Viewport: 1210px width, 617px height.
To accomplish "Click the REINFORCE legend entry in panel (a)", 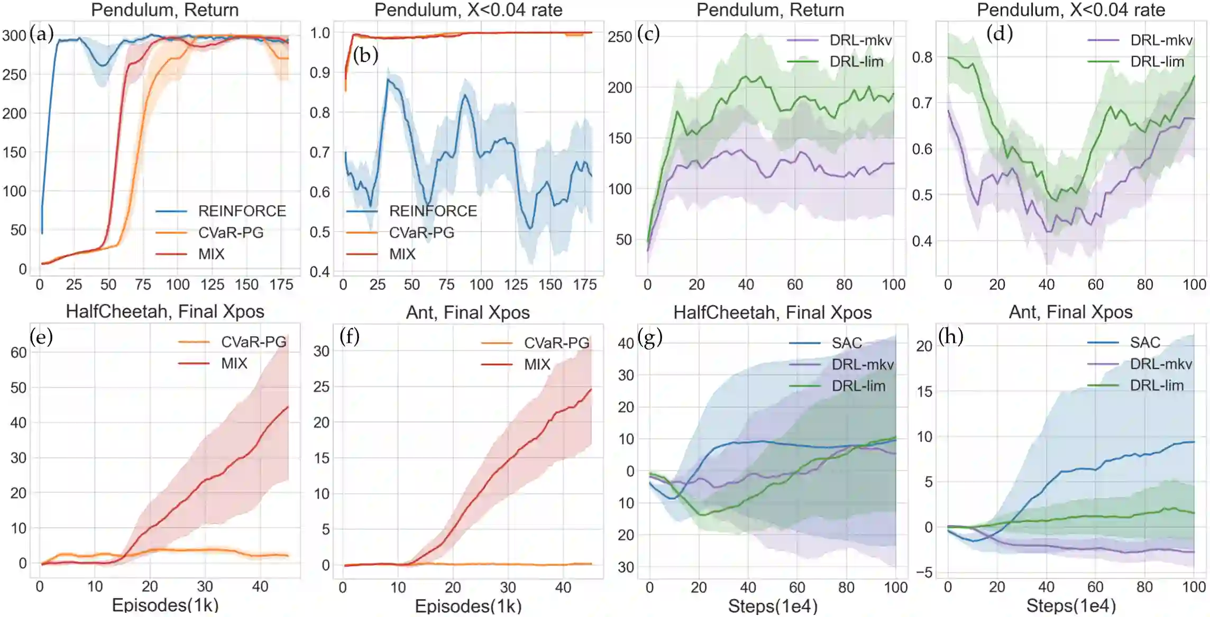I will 242,211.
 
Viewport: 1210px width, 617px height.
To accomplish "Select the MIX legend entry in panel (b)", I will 402,254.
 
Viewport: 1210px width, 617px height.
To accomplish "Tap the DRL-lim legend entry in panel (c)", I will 856,62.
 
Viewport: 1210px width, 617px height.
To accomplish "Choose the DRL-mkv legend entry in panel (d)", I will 1161,40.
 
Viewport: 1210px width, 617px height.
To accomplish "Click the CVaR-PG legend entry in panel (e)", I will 253,342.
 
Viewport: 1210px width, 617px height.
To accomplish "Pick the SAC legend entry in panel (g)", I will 846,343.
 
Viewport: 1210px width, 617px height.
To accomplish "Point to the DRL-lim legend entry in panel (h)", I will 1157,385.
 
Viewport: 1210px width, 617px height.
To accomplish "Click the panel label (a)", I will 42,34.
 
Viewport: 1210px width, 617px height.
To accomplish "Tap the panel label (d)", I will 1000,34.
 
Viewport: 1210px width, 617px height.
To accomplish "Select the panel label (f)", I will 350,336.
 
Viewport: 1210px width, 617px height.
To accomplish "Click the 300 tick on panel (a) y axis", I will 14,35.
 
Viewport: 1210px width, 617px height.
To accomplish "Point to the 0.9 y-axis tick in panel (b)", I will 320,73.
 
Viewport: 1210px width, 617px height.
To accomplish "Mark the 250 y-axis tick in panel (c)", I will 620,36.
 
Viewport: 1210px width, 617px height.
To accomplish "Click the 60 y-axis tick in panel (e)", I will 19,353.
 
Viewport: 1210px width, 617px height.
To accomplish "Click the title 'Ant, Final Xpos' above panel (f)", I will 467,312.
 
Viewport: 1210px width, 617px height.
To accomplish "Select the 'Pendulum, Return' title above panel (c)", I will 770,10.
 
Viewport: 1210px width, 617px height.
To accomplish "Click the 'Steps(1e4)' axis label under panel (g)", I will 772,606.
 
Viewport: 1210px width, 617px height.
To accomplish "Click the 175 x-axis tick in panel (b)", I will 584,285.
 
